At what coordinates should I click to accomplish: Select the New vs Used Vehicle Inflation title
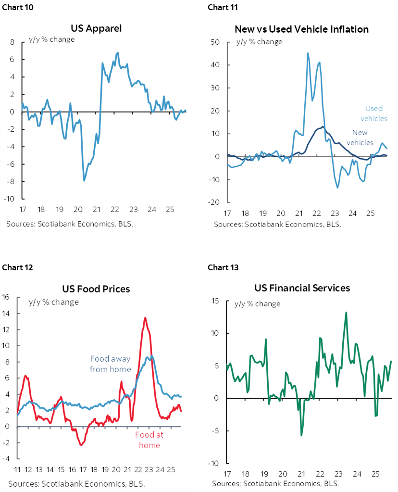301,29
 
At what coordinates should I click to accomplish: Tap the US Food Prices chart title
96,289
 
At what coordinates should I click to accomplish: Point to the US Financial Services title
302,288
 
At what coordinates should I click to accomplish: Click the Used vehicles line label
373,114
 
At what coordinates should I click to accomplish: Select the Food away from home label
111,364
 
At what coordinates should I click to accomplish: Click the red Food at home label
149,440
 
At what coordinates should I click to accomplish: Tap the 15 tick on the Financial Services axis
215,301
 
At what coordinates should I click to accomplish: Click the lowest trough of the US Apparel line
85,181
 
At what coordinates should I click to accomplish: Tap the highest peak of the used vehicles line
308,53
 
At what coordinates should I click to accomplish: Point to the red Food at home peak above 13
145,317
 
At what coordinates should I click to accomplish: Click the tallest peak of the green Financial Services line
346,313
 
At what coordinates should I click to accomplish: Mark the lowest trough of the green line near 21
301,435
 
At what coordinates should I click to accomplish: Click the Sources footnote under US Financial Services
275,483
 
